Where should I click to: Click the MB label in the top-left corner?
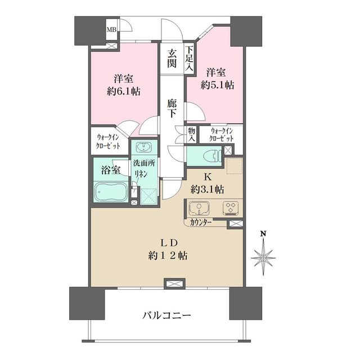(112, 29)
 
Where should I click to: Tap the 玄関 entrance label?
(172, 58)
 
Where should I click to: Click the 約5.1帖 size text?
(218, 85)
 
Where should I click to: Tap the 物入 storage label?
(192, 134)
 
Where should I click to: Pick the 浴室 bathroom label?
(110, 169)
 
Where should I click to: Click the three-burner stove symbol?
(231, 208)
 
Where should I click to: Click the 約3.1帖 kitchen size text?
(207, 190)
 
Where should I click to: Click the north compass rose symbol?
(263, 256)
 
